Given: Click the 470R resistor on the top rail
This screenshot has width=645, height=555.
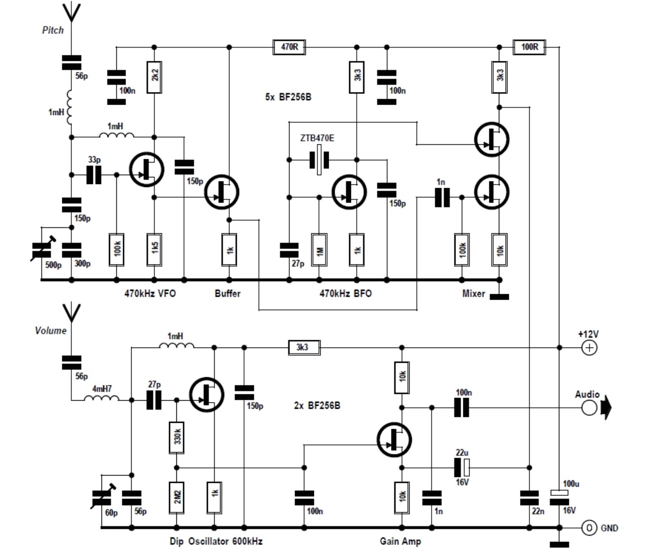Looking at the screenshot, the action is pos(289,47).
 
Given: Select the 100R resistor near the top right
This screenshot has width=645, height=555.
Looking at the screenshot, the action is pos(529,47).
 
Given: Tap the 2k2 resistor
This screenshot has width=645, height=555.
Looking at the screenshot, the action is pos(154,77).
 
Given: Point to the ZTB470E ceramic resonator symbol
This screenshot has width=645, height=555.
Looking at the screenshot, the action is pos(319,160).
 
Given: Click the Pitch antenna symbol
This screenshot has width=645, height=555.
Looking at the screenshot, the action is pos(71,13).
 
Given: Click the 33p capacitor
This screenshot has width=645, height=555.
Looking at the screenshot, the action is pos(94,175).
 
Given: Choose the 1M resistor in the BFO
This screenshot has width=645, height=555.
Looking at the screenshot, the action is pos(319,250).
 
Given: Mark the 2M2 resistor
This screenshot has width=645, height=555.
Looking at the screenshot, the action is pos(177,498).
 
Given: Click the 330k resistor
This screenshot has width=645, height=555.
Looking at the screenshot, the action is pos(177,438).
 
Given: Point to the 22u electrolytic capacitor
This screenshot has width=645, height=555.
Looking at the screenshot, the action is pos(461,467).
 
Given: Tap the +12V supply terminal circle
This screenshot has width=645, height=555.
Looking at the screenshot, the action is pos(589,347).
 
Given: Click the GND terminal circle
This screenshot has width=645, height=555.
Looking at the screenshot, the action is pos(589,528).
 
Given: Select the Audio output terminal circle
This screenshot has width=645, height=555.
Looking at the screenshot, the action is pos(589,407).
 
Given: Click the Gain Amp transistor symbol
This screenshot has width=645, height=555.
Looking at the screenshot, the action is pos(394,439).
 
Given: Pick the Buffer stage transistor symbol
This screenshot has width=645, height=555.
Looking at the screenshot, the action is pos(221,192).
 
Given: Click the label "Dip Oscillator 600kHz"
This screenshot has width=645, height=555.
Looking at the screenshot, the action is pos(216,541).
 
